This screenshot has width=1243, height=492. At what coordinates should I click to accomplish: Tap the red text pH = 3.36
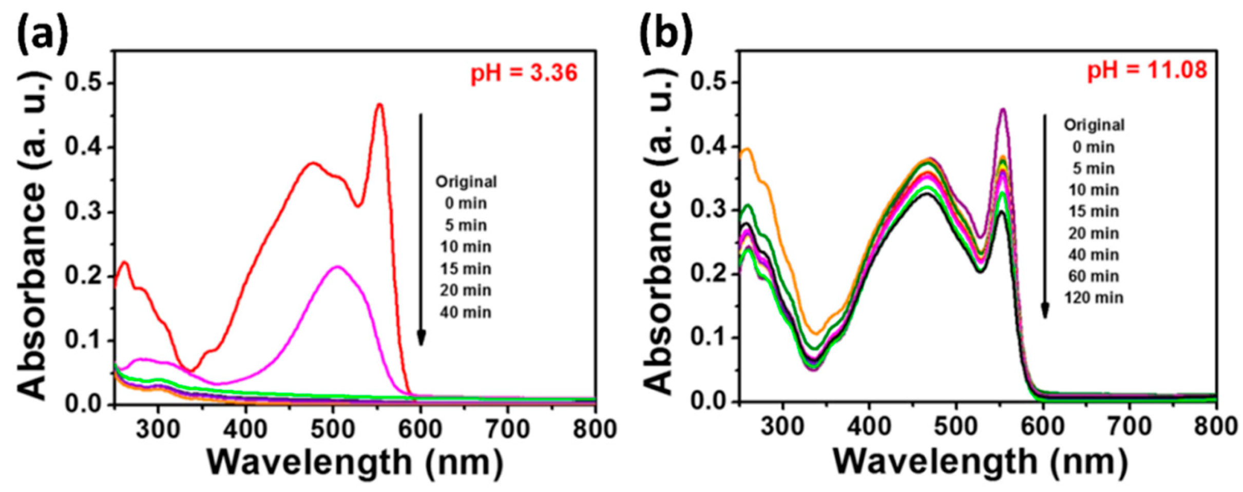pos(524,73)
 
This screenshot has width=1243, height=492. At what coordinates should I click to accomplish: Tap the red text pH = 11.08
pos(1147,70)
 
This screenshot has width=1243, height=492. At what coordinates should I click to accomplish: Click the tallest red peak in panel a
pos(379,105)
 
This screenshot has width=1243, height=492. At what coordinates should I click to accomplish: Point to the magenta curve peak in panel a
pos(337,267)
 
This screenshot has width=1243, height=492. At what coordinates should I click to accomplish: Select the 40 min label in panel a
pos(465,312)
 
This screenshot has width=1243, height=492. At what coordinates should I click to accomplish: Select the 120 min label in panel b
pos(1094,298)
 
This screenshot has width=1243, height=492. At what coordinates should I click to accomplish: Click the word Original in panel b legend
pos(1094,125)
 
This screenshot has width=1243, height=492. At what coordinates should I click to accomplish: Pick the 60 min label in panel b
pos(1094,276)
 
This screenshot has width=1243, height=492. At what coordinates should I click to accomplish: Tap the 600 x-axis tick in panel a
pos(420,428)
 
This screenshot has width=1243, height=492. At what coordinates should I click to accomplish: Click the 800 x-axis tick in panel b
pos(1215,426)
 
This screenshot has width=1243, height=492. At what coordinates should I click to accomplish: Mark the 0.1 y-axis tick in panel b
pos(707,338)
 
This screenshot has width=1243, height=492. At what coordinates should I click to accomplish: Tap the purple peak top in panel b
pos(1002,109)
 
